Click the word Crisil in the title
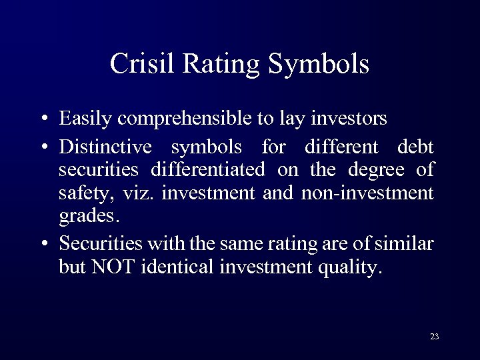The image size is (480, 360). pos(139,64)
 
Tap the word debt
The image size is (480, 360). pos(415,146)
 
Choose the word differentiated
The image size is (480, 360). pos(207,170)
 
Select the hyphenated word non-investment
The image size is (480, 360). pos(367,194)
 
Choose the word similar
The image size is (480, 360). pos(404,243)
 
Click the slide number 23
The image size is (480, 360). pos(434,336)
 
